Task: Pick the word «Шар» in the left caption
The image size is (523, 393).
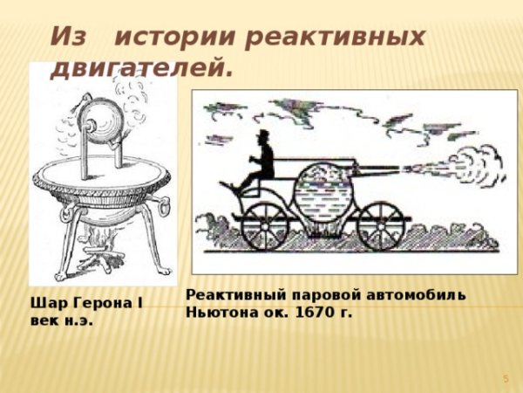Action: (x=44, y=304)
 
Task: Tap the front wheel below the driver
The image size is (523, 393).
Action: (x=264, y=224)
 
